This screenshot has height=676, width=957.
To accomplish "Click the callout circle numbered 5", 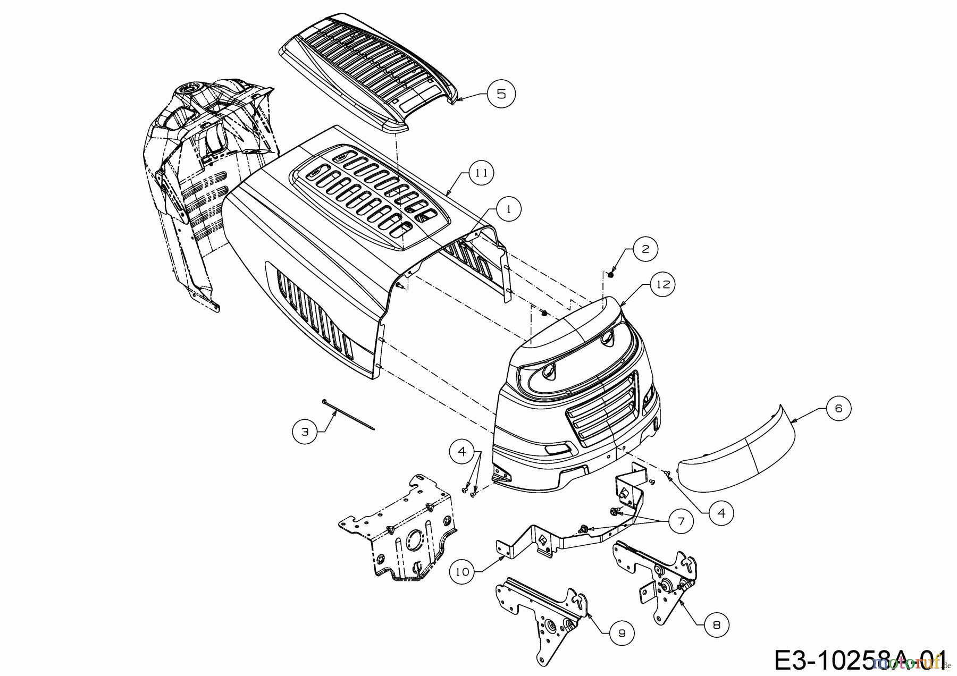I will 501,94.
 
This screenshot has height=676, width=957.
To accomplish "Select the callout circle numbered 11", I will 481,173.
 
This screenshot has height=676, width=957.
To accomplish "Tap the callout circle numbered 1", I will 509,210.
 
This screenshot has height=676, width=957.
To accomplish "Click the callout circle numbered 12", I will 662,285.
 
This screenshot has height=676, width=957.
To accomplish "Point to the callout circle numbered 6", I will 838,408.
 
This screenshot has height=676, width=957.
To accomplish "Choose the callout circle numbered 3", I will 305,432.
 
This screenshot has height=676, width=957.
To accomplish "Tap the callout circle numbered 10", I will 463,572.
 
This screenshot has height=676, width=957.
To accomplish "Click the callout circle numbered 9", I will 621,632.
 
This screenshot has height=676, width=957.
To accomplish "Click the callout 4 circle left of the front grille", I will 461,452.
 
